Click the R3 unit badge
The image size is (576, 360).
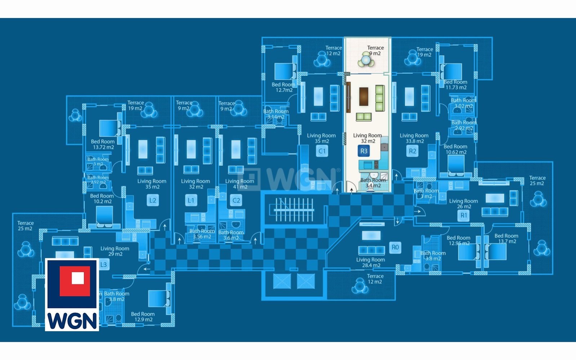pos(363,151)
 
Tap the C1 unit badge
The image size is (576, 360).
pos(322,151)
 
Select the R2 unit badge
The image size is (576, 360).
pos(412,151)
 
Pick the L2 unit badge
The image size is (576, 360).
pos(153,200)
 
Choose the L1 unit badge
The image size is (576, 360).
pos(191,200)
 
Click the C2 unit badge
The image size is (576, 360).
pos(236,200)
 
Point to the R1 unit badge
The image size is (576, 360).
pos(463,215)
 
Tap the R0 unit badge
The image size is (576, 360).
pos(395,247)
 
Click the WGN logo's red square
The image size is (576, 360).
pos(75,281)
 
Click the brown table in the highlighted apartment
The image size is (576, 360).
pos(363,96)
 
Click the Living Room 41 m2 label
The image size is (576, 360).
pos(240,184)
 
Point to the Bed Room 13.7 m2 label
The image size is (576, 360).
pos(506,239)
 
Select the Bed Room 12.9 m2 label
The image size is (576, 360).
pos(143,317)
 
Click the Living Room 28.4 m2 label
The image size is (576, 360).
pos(371,262)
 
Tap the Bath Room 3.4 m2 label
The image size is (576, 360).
pos(373,183)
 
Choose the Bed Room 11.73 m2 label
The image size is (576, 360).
pos(455,85)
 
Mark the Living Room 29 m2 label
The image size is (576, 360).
pos(115,251)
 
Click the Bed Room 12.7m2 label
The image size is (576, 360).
pos(283,87)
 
